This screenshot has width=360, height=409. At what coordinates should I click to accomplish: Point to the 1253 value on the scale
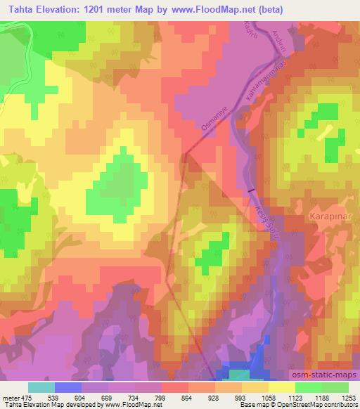[x=347, y=398]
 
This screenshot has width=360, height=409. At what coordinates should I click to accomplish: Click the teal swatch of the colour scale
[x=41, y=387]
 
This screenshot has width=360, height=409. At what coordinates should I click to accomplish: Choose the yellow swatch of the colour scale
[x=282, y=387]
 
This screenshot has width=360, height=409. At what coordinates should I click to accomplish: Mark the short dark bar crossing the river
[x=250, y=190]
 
